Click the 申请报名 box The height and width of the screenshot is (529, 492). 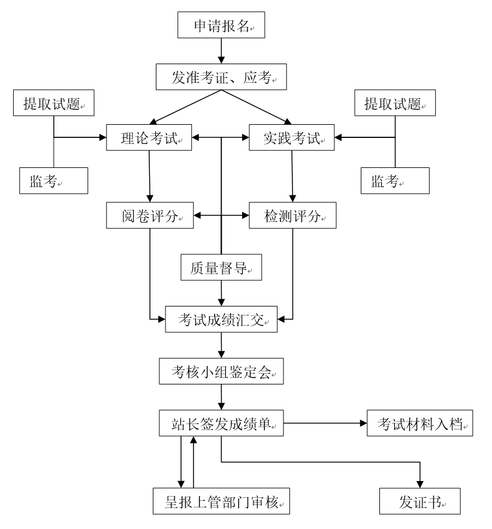click(221, 26)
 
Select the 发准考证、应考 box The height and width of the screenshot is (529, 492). click(221, 77)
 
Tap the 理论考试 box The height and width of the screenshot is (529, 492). click(149, 138)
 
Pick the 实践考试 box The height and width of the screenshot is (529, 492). click(292, 138)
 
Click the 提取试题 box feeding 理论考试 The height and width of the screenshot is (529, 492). click(54, 103)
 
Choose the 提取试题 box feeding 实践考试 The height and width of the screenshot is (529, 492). click(395, 103)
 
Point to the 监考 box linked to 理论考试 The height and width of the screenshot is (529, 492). click(54, 181)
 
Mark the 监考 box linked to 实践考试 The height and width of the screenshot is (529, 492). click(395, 181)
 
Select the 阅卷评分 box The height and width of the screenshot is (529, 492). click(149, 215)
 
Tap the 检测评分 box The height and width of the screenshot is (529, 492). click(292, 215)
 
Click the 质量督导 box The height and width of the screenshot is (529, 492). click(222, 267)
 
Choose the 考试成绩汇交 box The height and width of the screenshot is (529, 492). click(222, 319)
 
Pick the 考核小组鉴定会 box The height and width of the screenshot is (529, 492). click(221, 372)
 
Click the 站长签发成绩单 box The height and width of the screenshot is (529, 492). click(222, 423)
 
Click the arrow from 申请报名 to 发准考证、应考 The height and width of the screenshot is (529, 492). click(221, 52)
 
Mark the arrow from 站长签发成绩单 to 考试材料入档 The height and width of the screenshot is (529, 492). click(324, 423)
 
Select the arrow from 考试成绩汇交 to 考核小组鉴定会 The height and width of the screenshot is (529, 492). click(222, 345)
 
